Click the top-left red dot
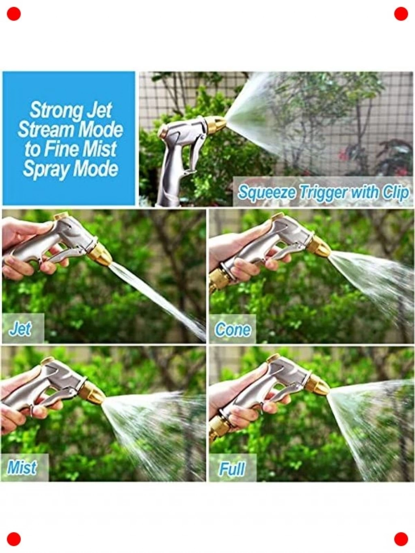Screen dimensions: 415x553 pyautogui.click(x=14, y=14)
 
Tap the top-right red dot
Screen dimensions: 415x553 pyautogui.click(x=401, y=14)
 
